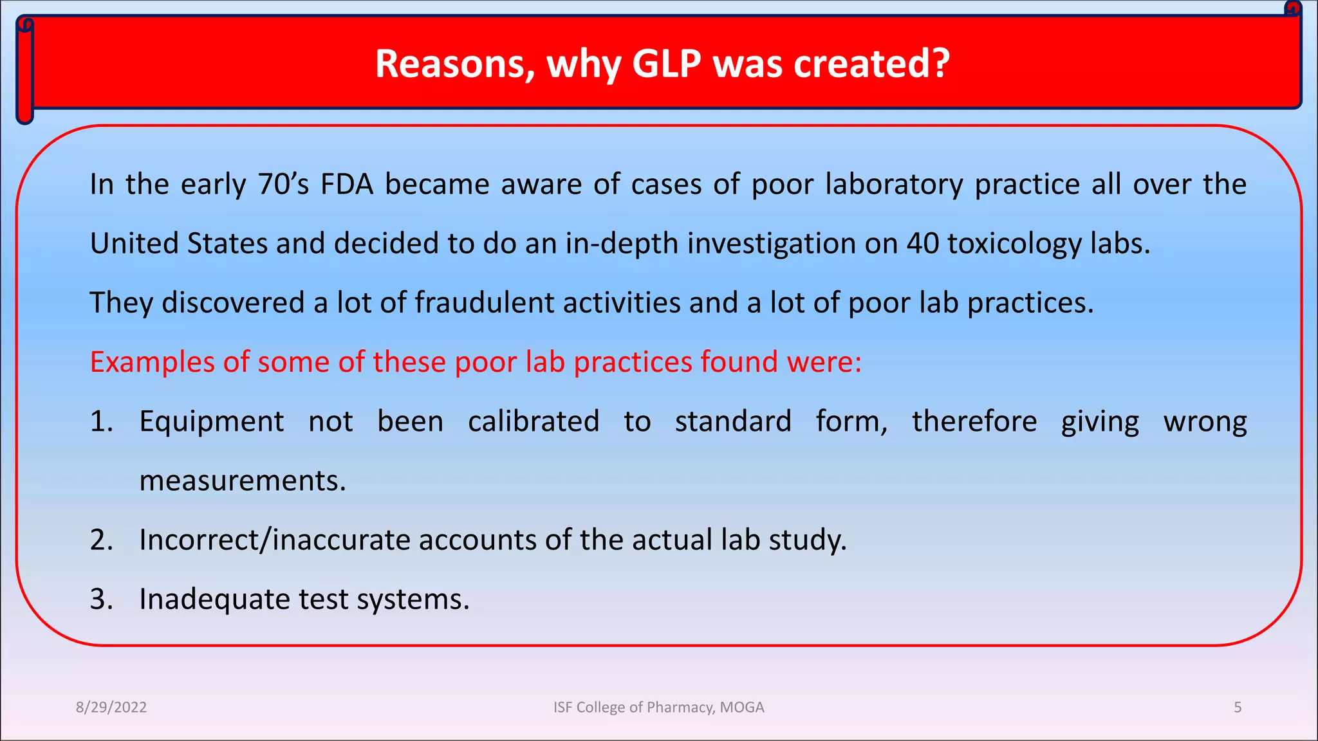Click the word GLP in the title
[x=666, y=64]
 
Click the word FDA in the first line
[x=347, y=185]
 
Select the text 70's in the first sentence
[x=284, y=185]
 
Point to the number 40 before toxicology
[x=923, y=244]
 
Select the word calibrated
[x=534, y=422]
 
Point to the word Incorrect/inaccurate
[x=275, y=540]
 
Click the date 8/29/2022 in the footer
[x=111, y=708]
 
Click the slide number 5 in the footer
[x=1237, y=708]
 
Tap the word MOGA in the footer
[x=741, y=708]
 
